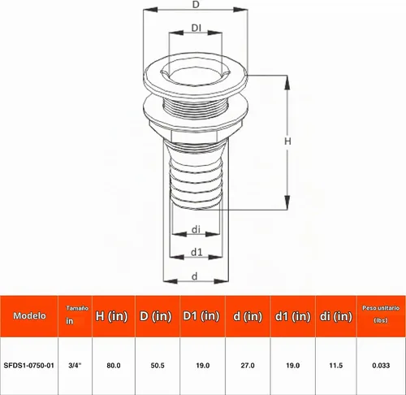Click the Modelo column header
coord(29,315)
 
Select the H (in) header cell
coord(111,316)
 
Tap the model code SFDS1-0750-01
coord(29,366)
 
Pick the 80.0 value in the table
coord(114,366)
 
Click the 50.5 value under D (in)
coord(158,366)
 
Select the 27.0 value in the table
coord(248,366)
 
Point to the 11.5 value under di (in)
coord(336,366)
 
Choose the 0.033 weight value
coord(381,366)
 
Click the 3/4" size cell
coord(75,366)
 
